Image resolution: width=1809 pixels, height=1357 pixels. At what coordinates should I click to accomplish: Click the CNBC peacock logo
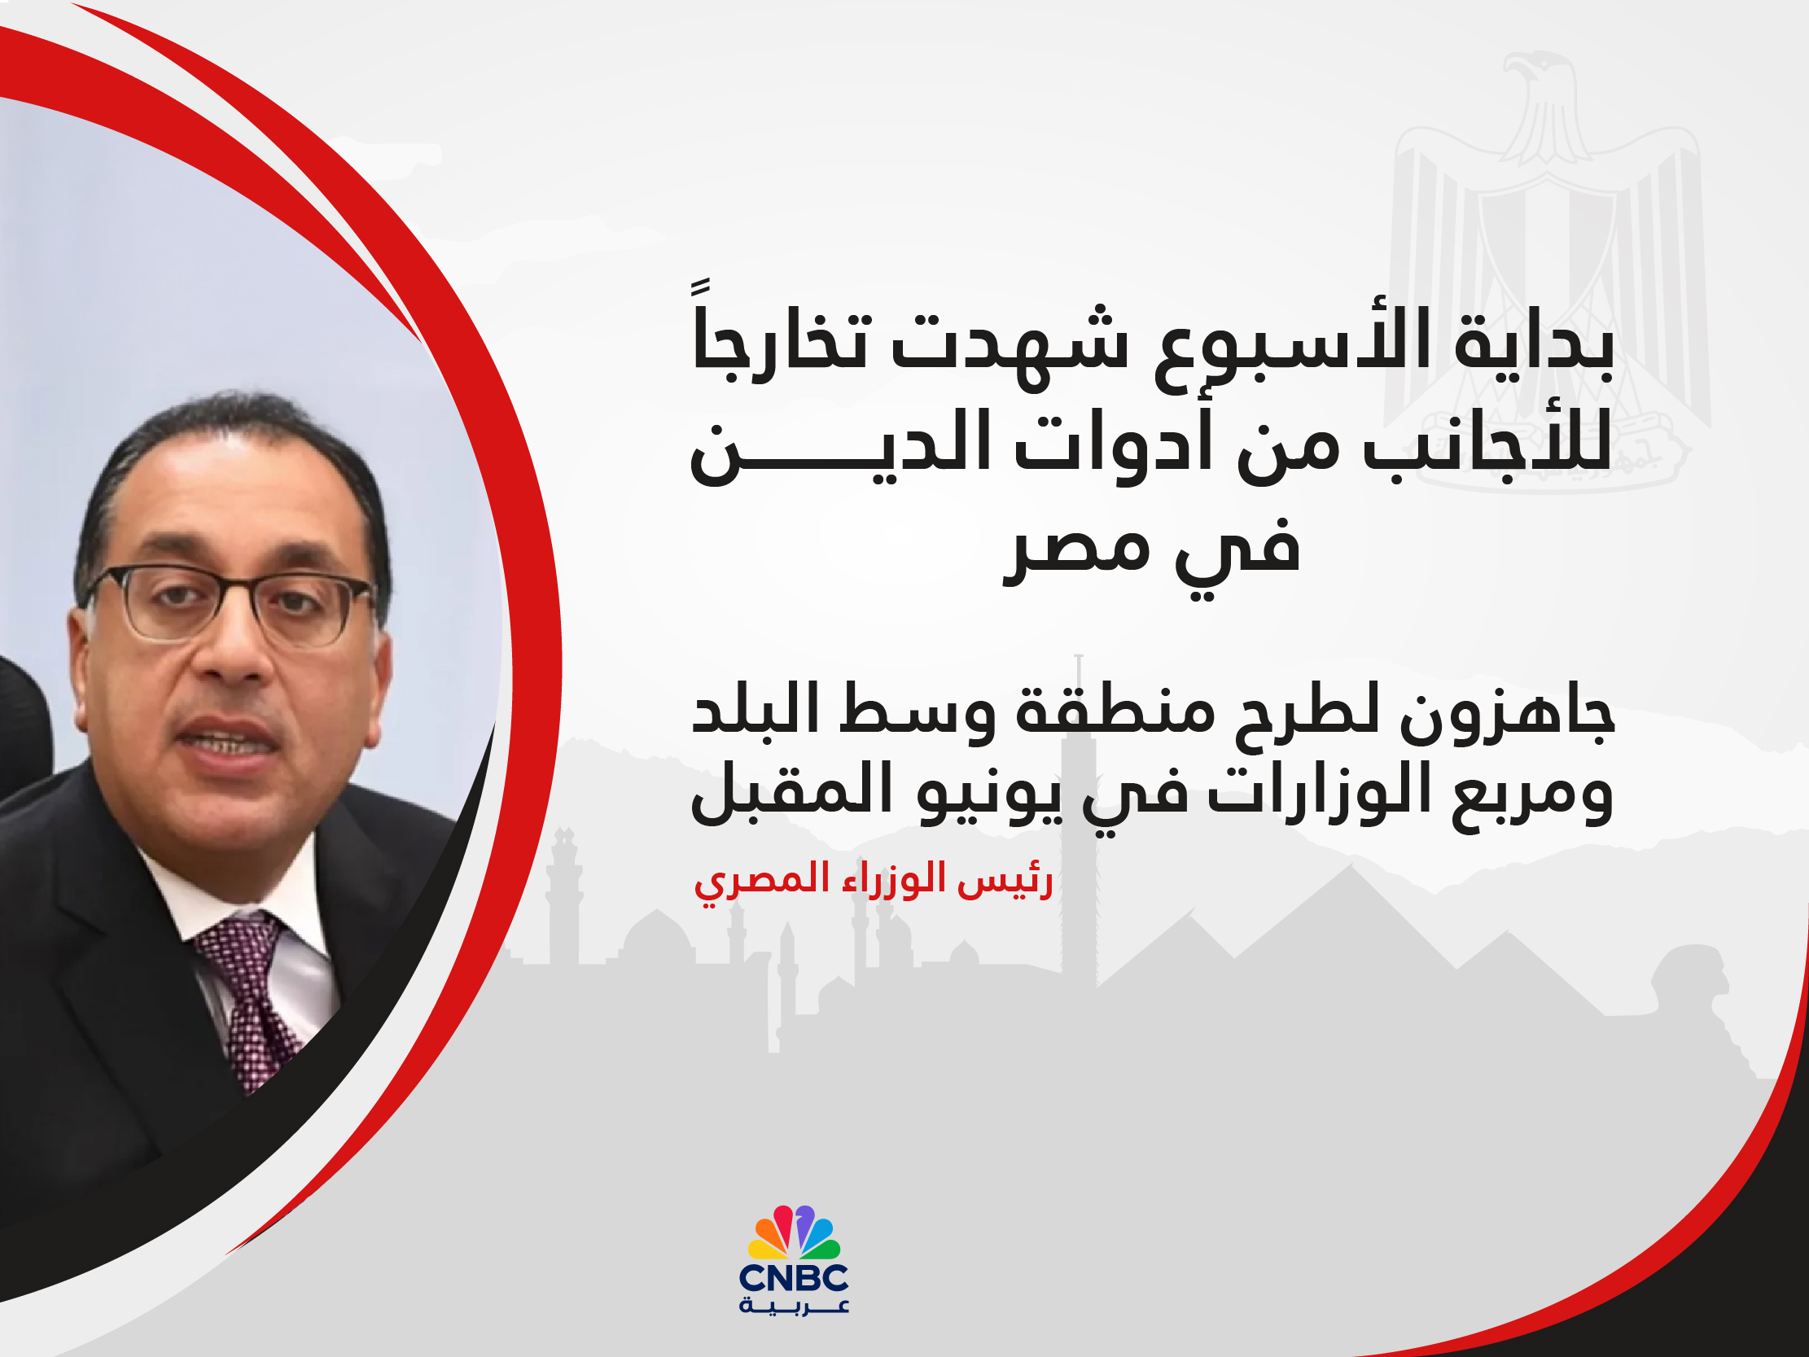coord(793,1232)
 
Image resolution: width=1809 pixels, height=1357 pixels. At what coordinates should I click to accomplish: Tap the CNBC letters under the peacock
coord(793,1278)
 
